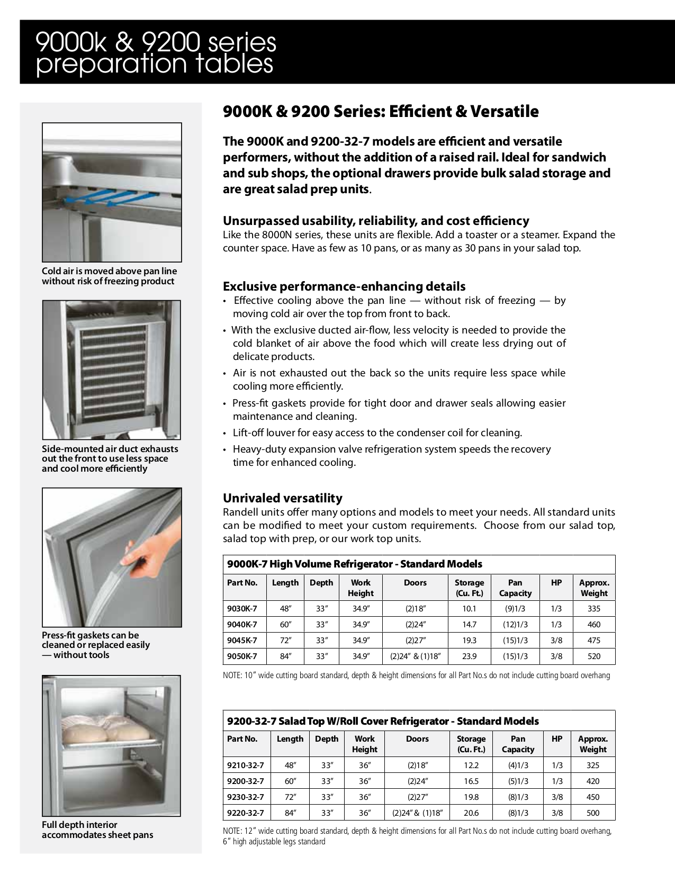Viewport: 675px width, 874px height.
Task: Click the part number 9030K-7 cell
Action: click(242, 609)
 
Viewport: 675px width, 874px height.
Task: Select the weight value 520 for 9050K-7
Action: click(594, 656)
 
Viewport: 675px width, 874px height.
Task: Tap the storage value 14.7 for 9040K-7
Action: click(469, 625)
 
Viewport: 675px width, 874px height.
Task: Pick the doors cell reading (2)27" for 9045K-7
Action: click(415, 641)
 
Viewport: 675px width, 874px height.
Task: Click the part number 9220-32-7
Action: click(245, 813)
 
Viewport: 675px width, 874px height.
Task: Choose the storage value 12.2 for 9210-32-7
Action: click(471, 765)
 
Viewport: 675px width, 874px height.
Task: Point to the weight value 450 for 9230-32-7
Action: click(593, 797)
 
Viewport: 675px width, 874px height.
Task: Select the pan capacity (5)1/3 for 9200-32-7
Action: click(518, 781)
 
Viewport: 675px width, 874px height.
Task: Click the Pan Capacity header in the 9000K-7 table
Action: click(515, 588)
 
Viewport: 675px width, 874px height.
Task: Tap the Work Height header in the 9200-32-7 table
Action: click(364, 744)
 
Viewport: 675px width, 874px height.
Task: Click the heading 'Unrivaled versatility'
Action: click(282, 498)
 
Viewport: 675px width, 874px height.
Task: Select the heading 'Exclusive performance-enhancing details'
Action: click(344, 286)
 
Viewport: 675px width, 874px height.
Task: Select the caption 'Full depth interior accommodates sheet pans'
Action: click(97, 830)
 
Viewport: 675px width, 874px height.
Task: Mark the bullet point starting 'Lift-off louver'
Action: click(377, 433)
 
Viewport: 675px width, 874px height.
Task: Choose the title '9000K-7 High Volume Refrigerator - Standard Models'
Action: click(355, 564)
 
